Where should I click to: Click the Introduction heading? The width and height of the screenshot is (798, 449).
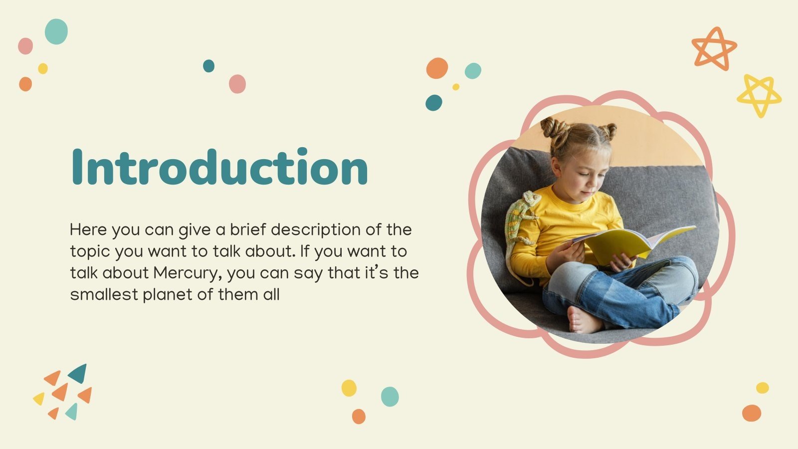tap(219, 167)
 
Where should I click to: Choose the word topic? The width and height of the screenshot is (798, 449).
tap(90, 252)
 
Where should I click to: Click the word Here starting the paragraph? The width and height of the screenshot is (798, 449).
tap(88, 229)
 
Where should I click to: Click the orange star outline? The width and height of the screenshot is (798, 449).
tap(714, 48)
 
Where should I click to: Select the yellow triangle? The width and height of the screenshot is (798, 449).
tap(39, 398)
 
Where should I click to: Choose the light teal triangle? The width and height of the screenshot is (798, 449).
tap(72, 411)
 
